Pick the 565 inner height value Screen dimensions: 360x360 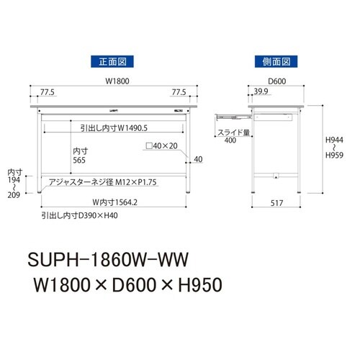[81, 161]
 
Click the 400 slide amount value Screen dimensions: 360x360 [230, 141]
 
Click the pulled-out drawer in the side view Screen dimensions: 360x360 [229, 114]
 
